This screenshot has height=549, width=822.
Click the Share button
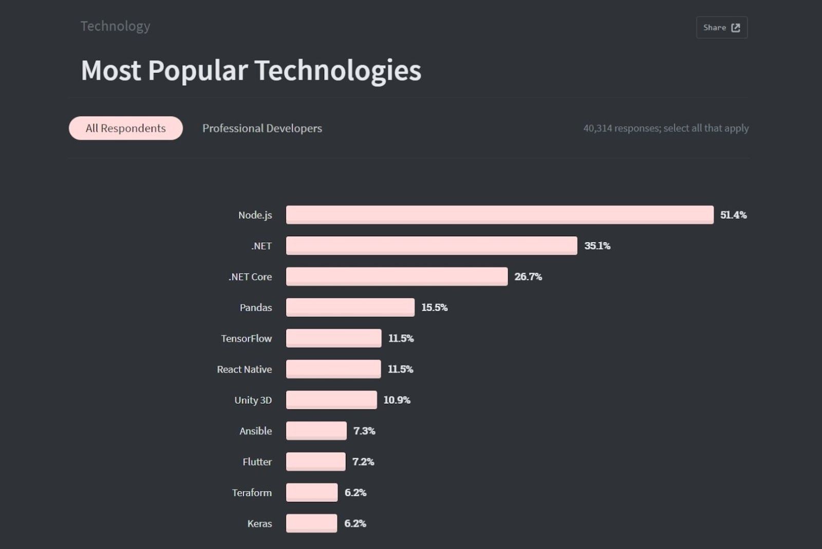tap(721, 27)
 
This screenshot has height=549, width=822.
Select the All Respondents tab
tap(126, 128)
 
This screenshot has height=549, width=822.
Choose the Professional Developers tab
tap(262, 128)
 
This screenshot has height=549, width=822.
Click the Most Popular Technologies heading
tap(251, 70)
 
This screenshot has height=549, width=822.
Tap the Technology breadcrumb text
tap(115, 26)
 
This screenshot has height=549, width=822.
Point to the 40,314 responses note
tap(665, 128)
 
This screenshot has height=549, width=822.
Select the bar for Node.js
tap(499, 215)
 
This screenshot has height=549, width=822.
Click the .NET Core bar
tap(397, 276)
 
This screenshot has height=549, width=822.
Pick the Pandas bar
tap(350, 307)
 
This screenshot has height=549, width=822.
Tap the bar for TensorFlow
tap(333, 338)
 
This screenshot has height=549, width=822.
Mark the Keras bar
tap(311, 523)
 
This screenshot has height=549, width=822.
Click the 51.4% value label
tap(733, 215)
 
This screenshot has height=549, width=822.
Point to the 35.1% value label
tap(597, 246)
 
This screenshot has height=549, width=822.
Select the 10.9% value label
tap(397, 400)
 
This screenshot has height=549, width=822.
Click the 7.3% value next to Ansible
tap(364, 431)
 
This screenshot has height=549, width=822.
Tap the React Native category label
tap(244, 369)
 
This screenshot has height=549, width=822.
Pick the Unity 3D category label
tap(253, 400)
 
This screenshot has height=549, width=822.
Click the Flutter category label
tap(257, 462)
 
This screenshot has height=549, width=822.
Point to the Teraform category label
tap(252, 493)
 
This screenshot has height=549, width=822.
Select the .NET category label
tap(261, 246)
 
